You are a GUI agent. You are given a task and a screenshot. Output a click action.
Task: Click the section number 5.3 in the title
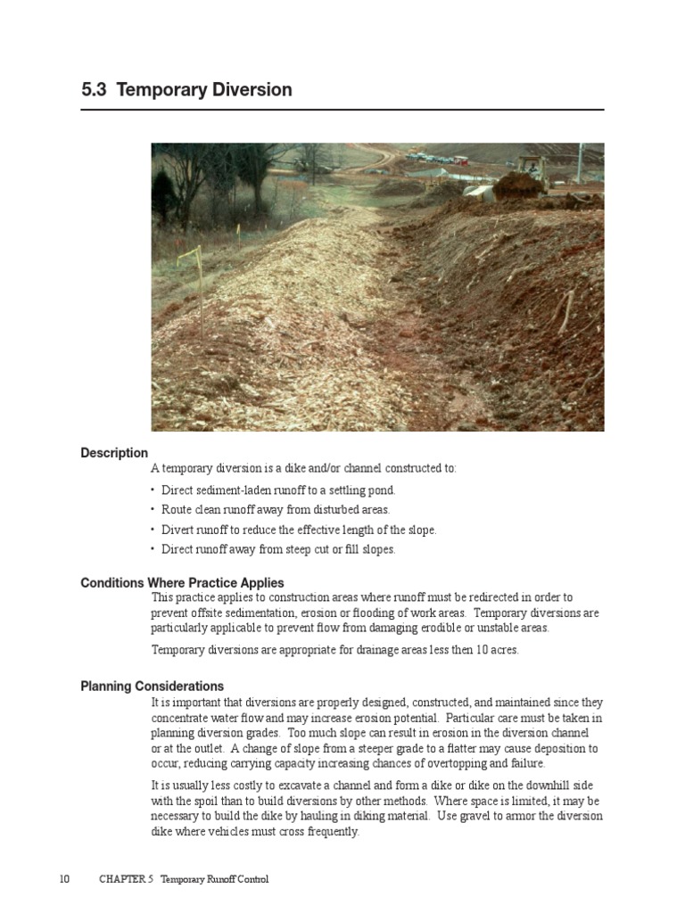point(95,90)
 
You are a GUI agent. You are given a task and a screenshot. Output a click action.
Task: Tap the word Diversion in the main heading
point(250,90)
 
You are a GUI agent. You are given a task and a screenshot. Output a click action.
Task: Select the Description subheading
point(114,453)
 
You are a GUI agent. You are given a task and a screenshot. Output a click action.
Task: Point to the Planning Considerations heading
point(152,687)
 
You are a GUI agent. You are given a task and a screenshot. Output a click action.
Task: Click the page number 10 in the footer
point(64,879)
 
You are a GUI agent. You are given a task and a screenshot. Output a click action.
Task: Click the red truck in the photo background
point(459,160)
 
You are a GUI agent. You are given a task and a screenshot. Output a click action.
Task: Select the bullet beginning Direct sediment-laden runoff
point(278,490)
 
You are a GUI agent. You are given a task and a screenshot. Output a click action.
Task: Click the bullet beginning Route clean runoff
point(276,510)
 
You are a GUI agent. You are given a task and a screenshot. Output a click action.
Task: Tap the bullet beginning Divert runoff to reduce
point(299,530)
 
